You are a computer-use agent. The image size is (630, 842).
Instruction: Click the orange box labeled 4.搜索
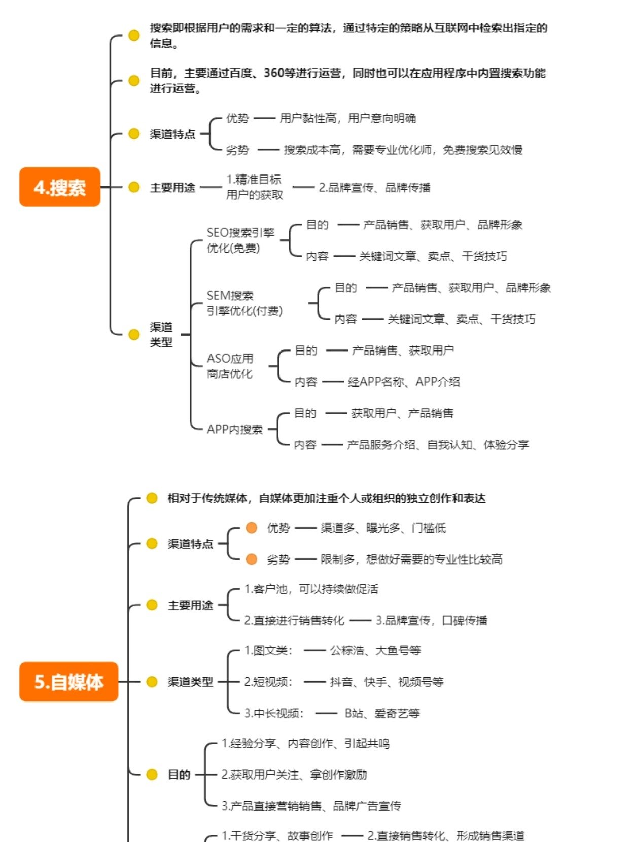(60, 187)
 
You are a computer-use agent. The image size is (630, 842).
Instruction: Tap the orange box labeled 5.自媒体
(68, 682)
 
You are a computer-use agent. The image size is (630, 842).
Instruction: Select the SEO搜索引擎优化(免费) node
(240, 240)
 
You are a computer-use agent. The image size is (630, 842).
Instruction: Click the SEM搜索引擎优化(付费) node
(244, 303)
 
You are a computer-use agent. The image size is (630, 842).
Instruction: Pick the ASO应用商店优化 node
(230, 366)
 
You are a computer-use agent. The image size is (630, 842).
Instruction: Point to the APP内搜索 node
(234, 429)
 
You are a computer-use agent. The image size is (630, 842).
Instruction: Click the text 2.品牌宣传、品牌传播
(374, 188)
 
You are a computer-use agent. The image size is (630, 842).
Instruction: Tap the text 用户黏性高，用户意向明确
(347, 119)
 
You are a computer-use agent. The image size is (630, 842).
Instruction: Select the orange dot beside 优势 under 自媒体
(251, 528)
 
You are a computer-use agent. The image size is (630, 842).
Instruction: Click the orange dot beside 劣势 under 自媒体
(251, 559)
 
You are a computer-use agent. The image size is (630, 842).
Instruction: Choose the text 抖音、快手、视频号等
(387, 682)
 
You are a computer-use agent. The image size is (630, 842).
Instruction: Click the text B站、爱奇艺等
(382, 714)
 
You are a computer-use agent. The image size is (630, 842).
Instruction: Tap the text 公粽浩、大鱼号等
(375, 651)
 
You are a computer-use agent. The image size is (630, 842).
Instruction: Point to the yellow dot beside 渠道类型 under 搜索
(134, 335)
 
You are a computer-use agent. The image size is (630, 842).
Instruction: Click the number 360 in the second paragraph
(273, 73)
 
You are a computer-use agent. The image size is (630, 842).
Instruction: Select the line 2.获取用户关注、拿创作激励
(294, 775)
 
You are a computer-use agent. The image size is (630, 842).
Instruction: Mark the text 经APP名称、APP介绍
(403, 382)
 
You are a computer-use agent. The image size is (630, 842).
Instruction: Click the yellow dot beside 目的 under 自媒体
(152, 775)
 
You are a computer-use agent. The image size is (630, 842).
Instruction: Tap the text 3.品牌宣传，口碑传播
(431, 621)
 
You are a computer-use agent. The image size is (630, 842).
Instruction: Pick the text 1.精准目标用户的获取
(254, 187)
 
